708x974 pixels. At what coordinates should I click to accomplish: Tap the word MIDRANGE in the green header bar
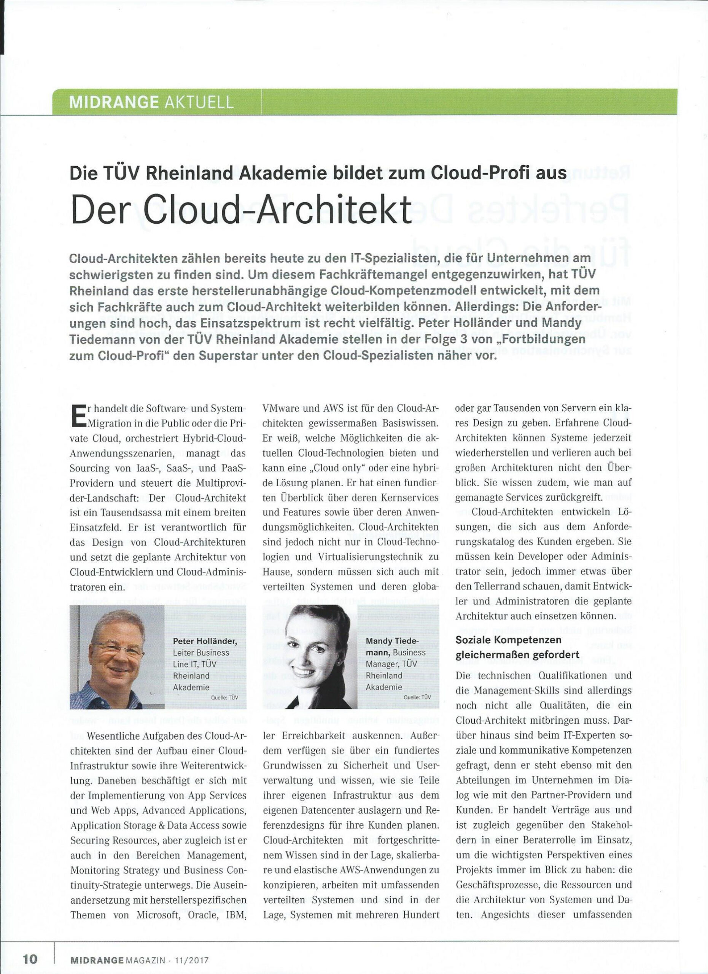(x=113, y=103)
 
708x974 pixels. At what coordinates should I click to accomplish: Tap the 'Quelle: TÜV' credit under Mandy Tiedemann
(x=417, y=698)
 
